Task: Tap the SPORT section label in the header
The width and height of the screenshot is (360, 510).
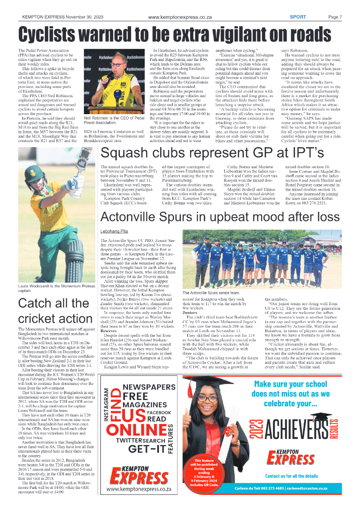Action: [298, 17]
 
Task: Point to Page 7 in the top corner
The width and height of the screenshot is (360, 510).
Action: [335, 17]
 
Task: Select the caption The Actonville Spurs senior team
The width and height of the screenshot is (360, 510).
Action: [211, 292]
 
